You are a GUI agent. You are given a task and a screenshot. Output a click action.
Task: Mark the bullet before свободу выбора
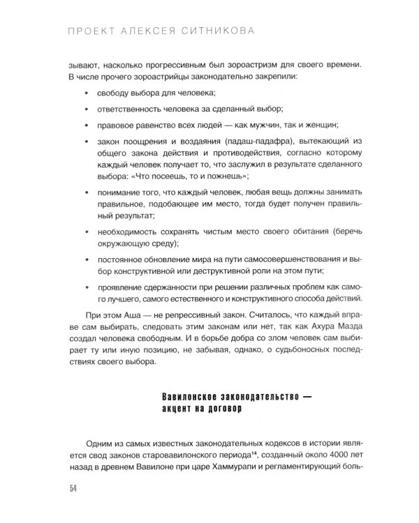coord(85,93)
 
